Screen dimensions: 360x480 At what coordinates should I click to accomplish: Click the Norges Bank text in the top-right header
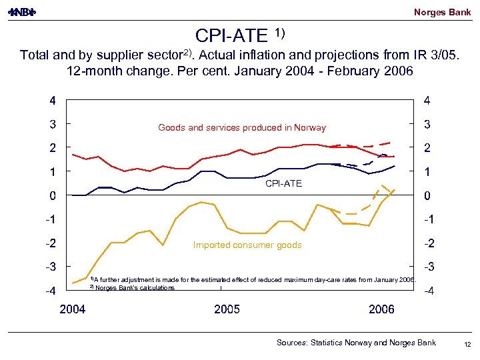point(442,12)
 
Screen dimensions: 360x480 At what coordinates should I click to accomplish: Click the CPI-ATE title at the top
point(232,35)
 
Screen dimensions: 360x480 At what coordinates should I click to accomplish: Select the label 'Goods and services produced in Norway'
point(242,128)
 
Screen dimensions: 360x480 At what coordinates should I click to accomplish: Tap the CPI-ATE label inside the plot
point(283,183)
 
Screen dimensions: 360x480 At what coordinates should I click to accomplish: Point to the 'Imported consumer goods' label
point(247,245)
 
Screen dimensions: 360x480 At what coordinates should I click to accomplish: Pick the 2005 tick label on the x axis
point(227,309)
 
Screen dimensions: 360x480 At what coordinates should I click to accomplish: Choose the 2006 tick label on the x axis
point(381,309)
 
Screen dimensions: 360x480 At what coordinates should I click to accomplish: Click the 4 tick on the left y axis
point(51,101)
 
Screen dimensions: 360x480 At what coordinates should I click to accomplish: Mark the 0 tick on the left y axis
point(51,196)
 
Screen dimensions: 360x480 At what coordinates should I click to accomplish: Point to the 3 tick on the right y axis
point(427,125)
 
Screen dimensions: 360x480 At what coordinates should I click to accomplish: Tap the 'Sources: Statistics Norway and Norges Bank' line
point(356,343)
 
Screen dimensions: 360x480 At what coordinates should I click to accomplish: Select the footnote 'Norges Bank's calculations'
point(134,288)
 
